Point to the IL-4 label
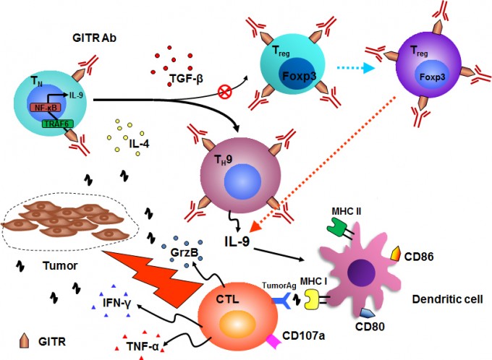[140, 143]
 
